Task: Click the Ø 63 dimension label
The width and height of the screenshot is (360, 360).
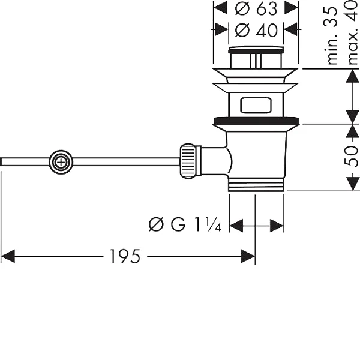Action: (x=256, y=9)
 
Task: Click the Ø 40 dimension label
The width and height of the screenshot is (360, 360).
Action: (x=256, y=31)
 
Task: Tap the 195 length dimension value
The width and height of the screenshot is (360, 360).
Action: (x=125, y=256)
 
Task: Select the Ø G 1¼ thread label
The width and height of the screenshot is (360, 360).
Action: (x=185, y=224)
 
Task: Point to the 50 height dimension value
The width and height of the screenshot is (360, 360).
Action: (x=352, y=156)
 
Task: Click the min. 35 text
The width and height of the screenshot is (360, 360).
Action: (x=332, y=35)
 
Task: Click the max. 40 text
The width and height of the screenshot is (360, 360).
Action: (x=353, y=32)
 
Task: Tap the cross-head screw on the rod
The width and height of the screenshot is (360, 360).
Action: (x=61, y=163)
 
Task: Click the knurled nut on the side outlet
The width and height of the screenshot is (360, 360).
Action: (x=188, y=161)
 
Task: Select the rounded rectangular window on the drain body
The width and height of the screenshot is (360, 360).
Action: (x=256, y=105)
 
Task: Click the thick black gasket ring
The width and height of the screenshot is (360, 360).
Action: (x=256, y=121)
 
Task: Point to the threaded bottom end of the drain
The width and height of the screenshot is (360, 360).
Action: (x=256, y=184)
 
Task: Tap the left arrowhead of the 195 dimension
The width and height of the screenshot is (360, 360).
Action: (x=8, y=256)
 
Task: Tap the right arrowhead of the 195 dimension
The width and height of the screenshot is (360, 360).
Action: (x=248, y=256)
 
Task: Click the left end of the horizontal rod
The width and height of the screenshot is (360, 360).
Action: (x=1, y=161)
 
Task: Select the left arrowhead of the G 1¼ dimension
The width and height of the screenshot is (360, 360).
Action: (x=236, y=226)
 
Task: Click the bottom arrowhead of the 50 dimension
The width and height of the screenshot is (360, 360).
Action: (x=352, y=184)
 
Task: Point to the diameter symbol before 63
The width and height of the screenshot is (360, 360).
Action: (x=242, y=9)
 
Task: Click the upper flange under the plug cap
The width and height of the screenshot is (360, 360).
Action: (x=256, y=76)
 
